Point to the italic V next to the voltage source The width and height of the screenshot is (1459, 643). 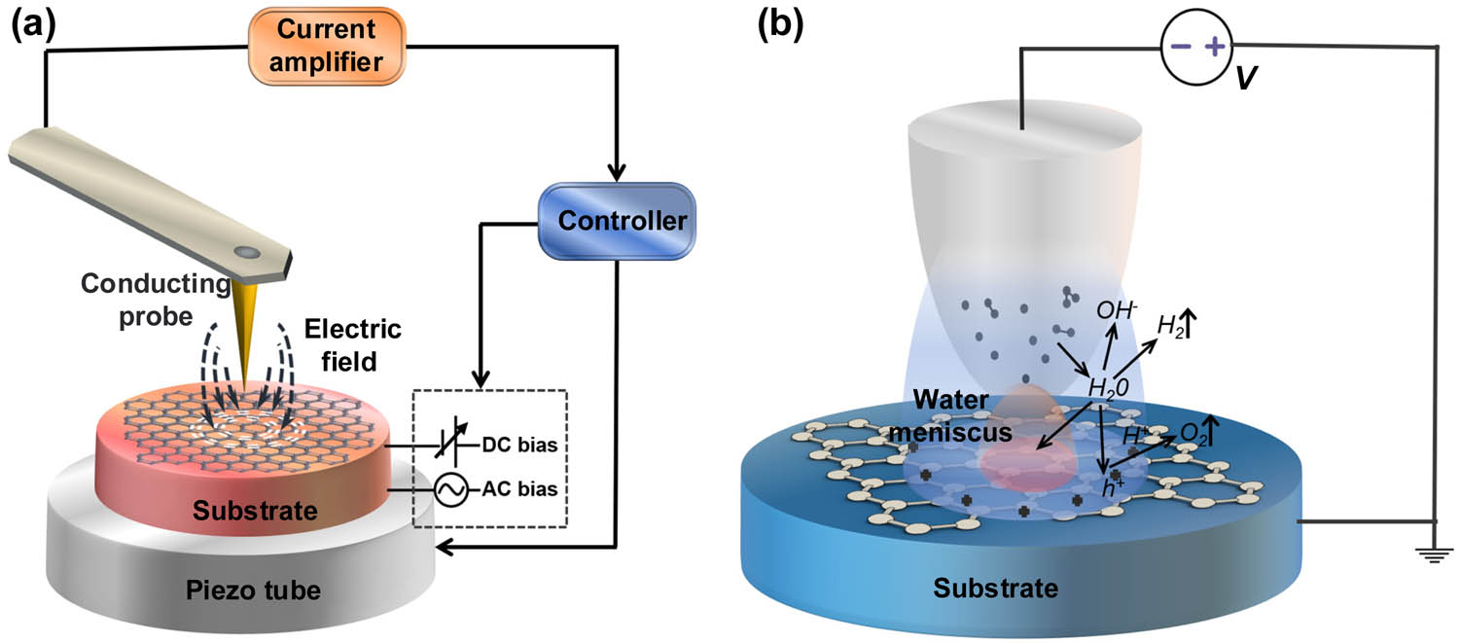tap(1244, 76)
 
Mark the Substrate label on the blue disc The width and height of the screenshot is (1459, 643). tap(995, 589)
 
